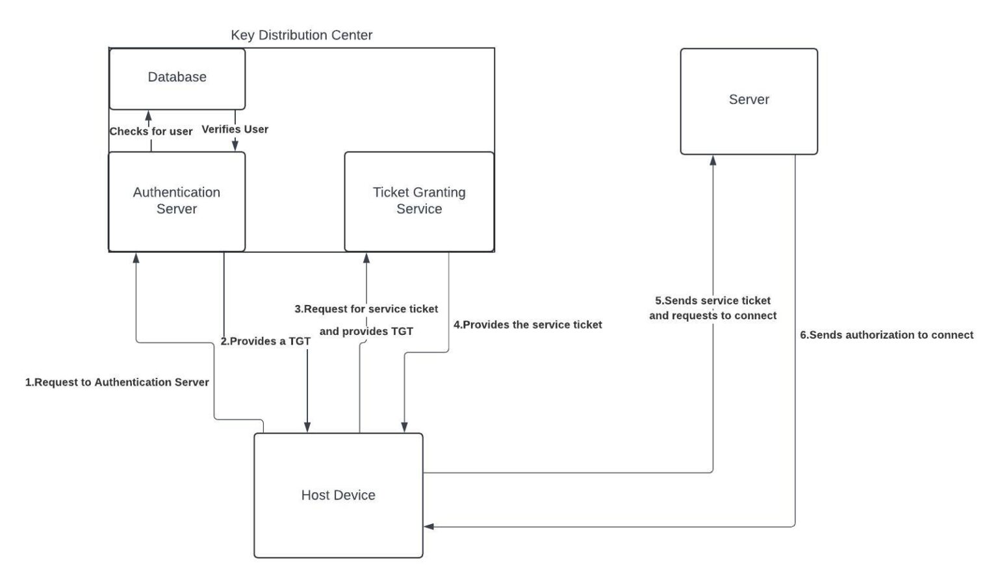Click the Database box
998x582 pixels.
click(177, 78)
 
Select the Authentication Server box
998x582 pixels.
click(177, 201)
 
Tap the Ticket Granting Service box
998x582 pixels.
click(419, 201)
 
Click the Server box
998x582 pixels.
click(748, 101)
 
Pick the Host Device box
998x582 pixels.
click(338, 496)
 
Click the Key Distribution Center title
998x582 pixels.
click(301, 35)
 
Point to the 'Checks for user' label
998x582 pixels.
click(151, 131)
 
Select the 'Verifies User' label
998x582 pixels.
click(235, 129)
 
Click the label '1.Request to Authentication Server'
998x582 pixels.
click(117, 382)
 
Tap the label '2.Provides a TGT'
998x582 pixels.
click(265, 341)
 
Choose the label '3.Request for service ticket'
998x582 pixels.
click(366, 309)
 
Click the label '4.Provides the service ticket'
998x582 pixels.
click(528, 324)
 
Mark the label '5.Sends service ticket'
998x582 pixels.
click(713, 300)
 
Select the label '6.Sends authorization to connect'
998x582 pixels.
click(886, 335)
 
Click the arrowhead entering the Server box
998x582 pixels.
click(713, 160)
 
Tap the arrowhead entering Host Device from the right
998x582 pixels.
click(429, 527)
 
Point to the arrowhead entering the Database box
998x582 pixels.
click(148, 115)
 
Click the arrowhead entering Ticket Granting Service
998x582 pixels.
click(366, 258)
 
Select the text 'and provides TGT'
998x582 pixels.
click(366, 332)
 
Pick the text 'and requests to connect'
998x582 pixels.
click(713, 316)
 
